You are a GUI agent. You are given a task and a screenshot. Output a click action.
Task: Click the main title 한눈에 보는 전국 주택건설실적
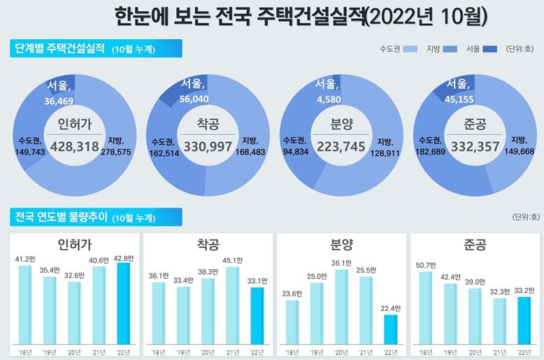(x=301, y=17)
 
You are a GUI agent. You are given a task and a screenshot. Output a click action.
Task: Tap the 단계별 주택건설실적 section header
(x=59, y=49)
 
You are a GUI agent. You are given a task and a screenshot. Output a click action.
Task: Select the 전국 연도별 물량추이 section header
(x=61, y=217)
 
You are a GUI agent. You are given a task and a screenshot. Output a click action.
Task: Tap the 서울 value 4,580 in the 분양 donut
(x=326, y=97)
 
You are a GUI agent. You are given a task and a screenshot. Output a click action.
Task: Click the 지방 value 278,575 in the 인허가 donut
(x=116, y=151)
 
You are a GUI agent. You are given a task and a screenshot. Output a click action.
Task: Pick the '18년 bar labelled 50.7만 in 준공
(x=425, y=307)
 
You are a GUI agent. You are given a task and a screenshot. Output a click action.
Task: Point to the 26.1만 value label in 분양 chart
(x=342, y=263)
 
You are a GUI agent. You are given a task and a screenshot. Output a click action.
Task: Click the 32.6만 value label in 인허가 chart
(x=74, y=275)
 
